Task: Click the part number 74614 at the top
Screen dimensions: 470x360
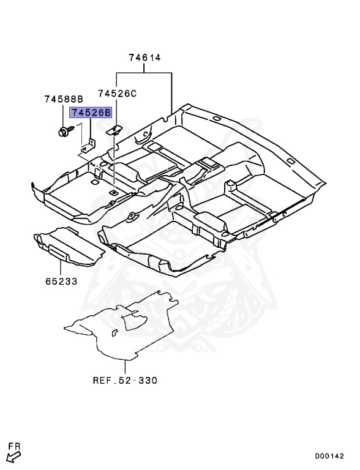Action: pyautogui.click(x=144, y=58)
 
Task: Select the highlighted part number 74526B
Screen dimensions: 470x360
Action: pyautogui.click(x=91, y=113)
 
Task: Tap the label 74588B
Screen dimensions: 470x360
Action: pyautogui.click(x=64, y=99)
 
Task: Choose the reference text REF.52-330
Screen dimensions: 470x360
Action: pyautogui.click(x=125, y=380)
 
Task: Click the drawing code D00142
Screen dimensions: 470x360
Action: pyautogui.click(x=331, y=456)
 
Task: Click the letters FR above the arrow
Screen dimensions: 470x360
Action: pyautogui.click(x=14, y=446)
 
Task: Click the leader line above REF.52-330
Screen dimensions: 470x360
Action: pyautogui.click(x=124, y=367)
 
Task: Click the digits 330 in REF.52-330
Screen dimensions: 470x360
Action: pyautogui.click(x=147, y=380)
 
